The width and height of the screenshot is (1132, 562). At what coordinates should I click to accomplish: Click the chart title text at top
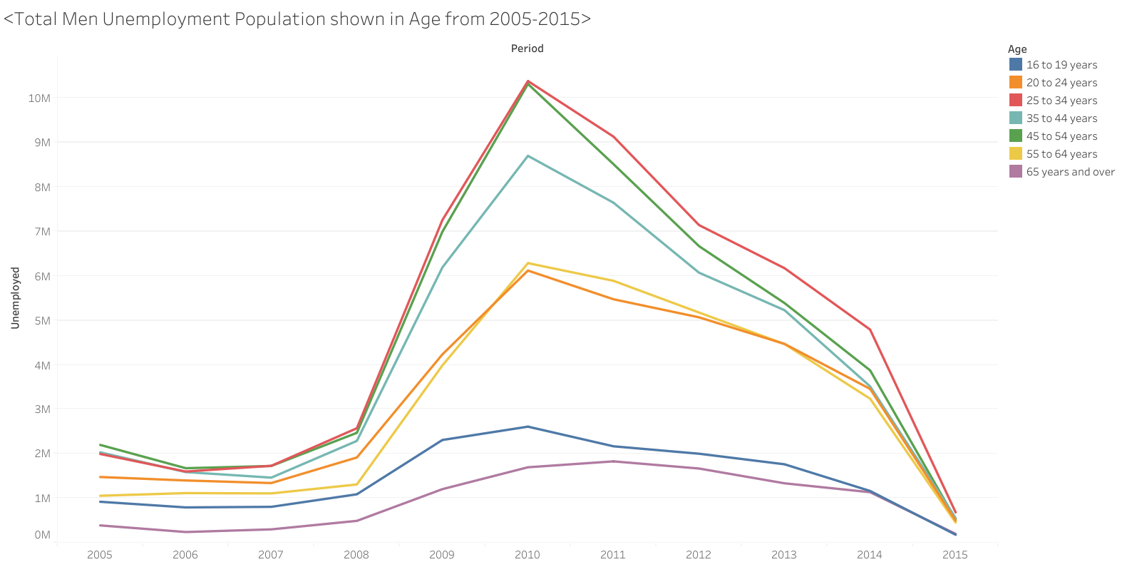(x=297, y=19)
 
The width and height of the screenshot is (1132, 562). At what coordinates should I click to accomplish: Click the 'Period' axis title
(x=527, y=48)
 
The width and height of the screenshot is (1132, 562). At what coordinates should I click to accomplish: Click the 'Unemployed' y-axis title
(x=15, y=298)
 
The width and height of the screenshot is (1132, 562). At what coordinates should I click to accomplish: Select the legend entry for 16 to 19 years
(x=1061, y=65)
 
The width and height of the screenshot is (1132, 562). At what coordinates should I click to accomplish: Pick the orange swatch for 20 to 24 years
(x=1016, y=82)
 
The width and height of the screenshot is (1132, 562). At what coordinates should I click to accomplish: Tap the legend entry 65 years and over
(x=1070, y=172)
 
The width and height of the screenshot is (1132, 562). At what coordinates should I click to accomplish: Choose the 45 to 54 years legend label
(x=1061, y=136)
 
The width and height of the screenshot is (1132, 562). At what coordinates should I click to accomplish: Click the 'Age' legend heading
(x=1017, y=49)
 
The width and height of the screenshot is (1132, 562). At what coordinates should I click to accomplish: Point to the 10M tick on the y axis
(x=39, y=98)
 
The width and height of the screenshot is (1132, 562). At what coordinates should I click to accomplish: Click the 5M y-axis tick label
(x=42, y=321)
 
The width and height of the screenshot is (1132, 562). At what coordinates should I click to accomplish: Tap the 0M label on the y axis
(x=42, y=535)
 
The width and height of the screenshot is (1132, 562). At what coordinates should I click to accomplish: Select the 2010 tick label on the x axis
(x=527, y=555)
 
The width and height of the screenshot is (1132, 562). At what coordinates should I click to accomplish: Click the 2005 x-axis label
(x=100, y=555)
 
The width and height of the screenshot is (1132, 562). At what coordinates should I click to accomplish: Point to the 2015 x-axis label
(x=955, y=555)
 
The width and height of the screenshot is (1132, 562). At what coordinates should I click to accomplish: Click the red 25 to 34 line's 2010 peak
(x=528, y=81)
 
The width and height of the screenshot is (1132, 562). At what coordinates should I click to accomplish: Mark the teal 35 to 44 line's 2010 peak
(x=528, y=155)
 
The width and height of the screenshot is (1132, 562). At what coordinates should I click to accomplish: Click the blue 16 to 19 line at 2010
(x=528, y=426)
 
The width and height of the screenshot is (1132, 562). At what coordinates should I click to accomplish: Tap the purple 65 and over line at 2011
(x=613, y=461)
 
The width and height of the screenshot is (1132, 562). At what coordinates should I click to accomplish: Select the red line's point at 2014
(x=870, y=329)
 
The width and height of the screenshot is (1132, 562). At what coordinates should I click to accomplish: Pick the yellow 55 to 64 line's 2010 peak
(x=528, y=263)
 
